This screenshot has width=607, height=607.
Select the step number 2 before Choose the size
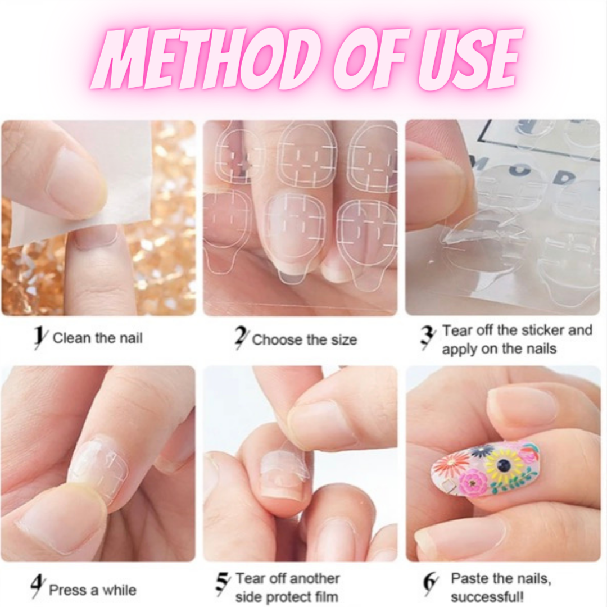(x=241, y=338)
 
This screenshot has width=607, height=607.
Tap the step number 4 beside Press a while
(x=37, y=588)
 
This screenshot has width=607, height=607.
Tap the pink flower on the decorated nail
(x=473, y=483)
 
